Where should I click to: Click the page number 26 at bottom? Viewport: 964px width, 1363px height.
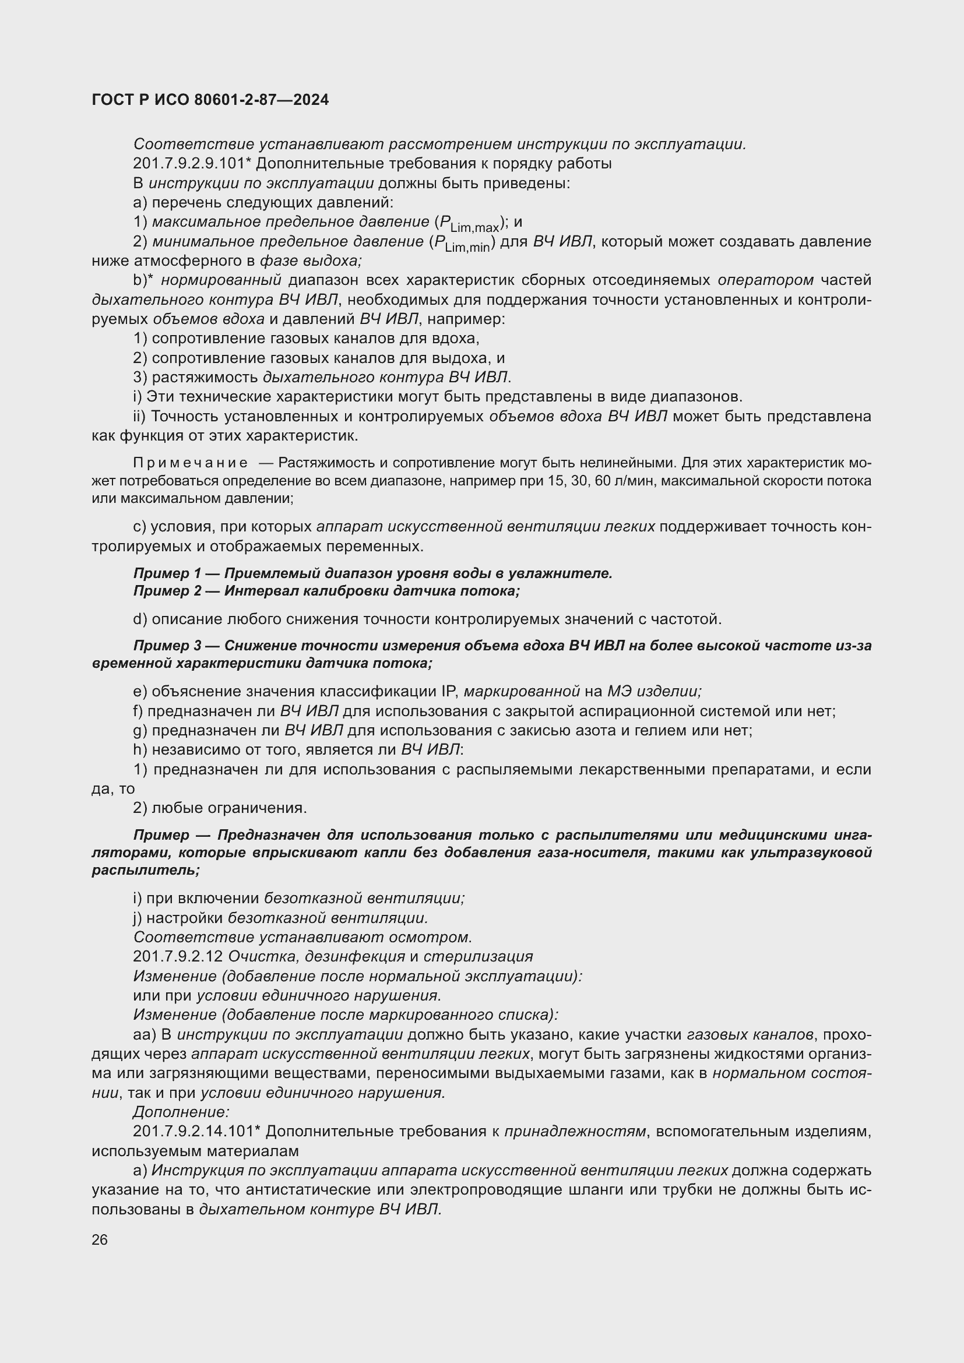point(100,1239)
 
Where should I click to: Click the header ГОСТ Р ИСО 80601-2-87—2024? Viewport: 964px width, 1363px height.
point(210,100)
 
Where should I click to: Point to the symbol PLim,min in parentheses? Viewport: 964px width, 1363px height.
point(461,244)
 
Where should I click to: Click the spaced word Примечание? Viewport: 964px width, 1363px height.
point(191,463)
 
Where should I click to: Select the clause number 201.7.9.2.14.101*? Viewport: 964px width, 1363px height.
point(193,1132)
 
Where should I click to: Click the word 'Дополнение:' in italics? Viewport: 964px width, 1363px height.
point(181,1112)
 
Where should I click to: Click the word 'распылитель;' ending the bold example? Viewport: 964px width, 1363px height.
point(146,870)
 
